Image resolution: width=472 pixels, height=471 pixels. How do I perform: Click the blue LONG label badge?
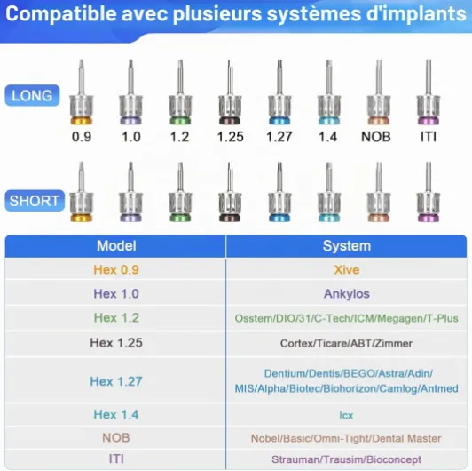pos(32,96)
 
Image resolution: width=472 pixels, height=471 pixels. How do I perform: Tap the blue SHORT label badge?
pos(35,201)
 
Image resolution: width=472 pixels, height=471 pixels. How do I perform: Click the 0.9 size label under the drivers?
pos(82,137)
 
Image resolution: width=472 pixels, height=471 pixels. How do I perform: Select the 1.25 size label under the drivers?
pos(231,137)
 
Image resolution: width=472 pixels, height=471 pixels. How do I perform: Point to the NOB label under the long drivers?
pos(376,137)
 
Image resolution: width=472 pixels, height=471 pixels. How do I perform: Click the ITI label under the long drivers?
pos(429,137)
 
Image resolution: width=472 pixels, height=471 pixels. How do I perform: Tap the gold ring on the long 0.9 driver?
pos(82,120)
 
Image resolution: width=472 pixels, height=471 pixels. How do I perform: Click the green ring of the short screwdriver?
pos(180,218)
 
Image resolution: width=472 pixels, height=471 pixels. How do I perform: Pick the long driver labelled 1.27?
pos(279,92)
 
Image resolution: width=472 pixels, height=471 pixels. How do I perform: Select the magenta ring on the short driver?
pos(429,218)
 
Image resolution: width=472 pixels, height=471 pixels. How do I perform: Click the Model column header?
pos(116,246)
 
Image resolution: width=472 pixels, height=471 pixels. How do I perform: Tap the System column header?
pos(347,246)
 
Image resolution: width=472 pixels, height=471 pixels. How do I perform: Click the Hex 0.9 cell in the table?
pos(116,270)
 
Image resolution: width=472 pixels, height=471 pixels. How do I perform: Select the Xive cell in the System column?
pos(347,270)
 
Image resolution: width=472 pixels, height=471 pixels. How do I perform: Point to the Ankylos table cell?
pos(347,293)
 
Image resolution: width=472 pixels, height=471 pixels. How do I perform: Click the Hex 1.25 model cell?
pos(116,343)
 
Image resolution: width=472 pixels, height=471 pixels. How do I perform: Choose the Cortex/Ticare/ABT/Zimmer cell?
pos(346,343)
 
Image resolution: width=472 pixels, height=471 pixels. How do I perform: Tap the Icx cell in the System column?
pos(346,416)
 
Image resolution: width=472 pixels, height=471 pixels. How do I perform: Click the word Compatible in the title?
pos(61,13)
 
